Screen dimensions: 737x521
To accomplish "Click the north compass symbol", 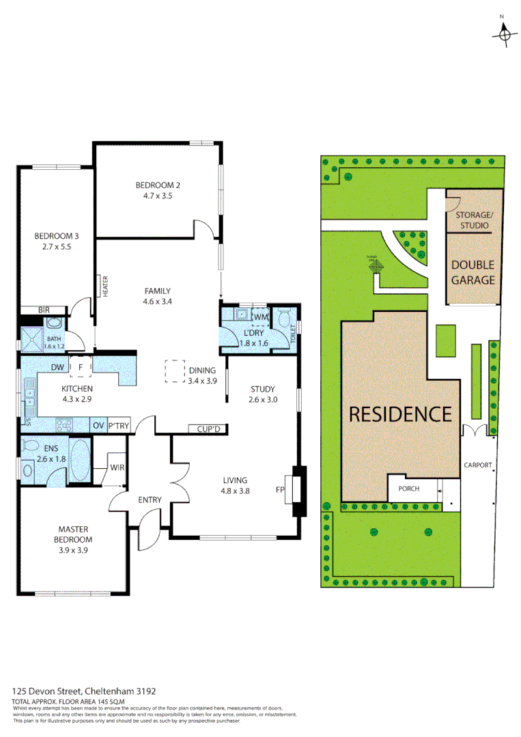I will [x=505, y=32].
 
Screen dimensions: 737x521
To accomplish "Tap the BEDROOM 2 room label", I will [x=158, y=185].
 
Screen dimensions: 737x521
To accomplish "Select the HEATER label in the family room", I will [x=106, y=286].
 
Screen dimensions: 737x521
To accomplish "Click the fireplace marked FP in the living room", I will [x=298, y=489].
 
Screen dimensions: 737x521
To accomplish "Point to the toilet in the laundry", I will [x=287, y=318].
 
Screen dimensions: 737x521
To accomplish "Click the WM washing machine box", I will [x=260, y=317].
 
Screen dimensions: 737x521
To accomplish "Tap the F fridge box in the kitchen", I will [x=81, y=367].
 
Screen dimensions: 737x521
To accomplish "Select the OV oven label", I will [x=98, y=426].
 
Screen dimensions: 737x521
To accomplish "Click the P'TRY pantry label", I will [x=119, y=426].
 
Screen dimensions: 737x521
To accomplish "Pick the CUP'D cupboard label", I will [x=208, y=429].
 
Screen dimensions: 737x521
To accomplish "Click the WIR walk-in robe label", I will [x=117, y=468].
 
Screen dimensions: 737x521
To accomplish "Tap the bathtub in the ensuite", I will [x=79, y=461].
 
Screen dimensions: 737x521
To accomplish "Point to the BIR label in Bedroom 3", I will [x=44, y=310].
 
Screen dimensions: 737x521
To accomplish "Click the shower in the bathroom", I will [x=31, y=338].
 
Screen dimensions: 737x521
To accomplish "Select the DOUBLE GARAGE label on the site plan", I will [x=472, y=272].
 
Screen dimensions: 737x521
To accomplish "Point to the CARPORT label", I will [x=478, y=465].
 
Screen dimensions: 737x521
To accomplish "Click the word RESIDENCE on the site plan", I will [x=400, y=414].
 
